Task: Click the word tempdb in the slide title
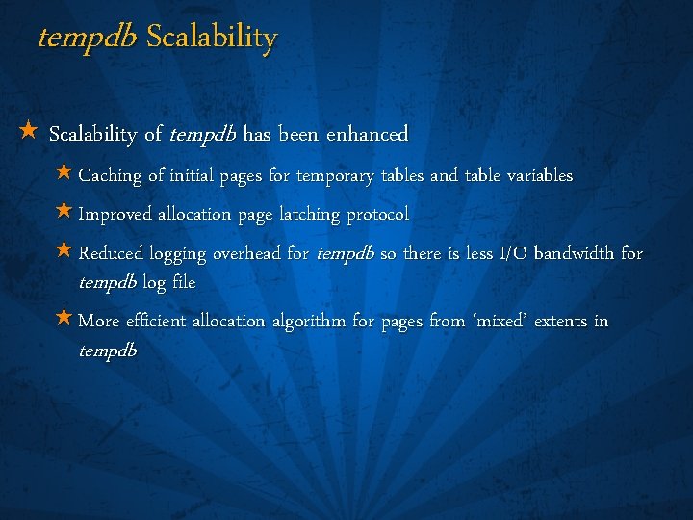click(88, 38)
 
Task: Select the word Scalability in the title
click(212, 38)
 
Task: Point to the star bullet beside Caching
click(64, 172)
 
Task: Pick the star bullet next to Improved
click(64, 210)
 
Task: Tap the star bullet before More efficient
click(64, 317)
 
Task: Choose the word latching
click(309, 214)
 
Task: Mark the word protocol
click(377, 214)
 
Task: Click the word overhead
click(248, 254)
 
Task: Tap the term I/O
click(508, 254)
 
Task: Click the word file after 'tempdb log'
click(183, 283)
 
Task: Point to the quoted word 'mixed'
click(501, 321)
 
